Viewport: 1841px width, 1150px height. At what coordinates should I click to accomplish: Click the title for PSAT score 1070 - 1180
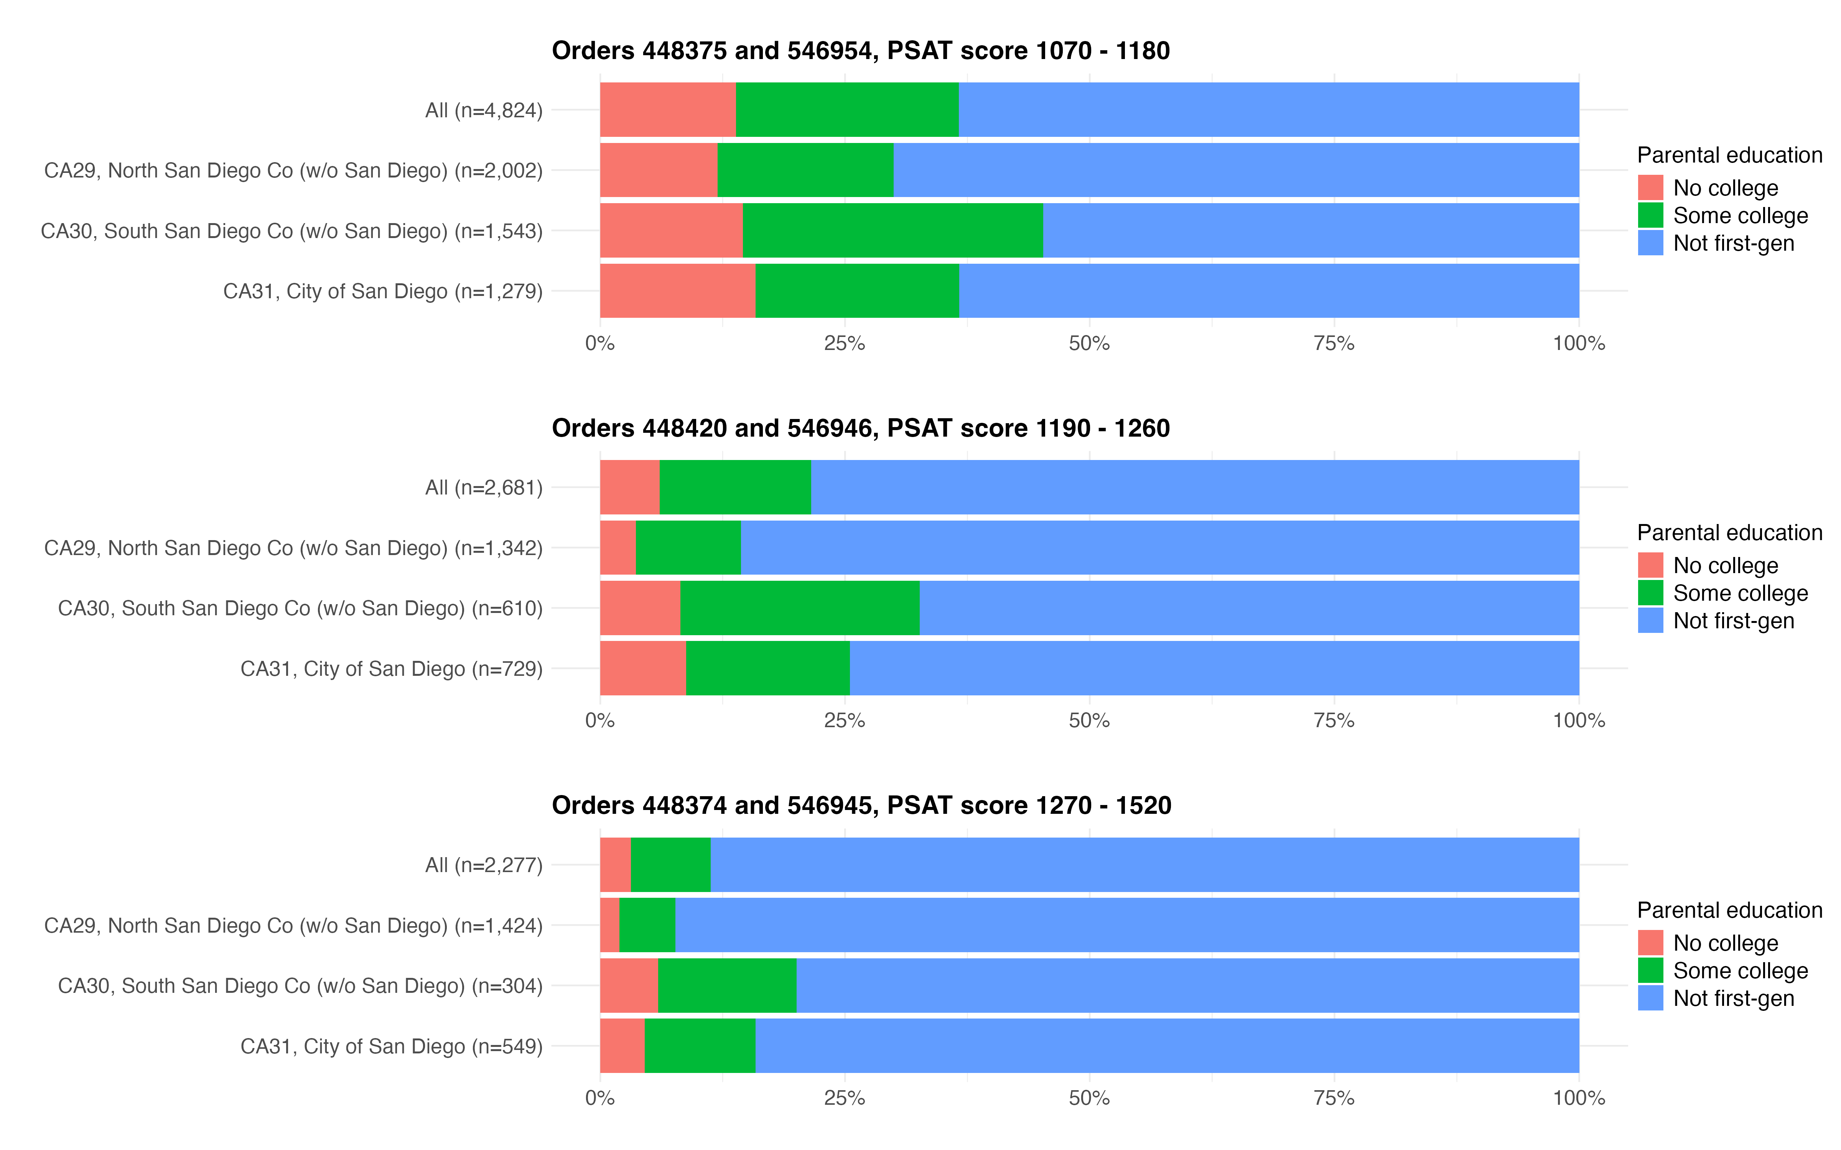[860, 51]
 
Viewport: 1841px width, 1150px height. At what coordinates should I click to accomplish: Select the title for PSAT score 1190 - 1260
[860, 428]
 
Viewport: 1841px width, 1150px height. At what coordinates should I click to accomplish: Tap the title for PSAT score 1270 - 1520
[861, 805]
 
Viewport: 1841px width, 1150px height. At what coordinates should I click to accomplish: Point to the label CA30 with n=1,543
[291, 231]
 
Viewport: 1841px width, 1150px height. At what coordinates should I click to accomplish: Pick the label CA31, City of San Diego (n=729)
[391, 669]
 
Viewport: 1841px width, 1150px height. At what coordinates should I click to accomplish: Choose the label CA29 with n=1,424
[293, 926]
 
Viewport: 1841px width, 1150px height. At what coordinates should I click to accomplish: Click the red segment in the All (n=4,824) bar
[668, 110]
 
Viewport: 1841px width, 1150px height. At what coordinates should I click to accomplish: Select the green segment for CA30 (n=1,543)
[893, 230]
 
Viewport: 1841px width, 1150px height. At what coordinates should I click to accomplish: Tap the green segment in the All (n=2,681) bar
[735, 487]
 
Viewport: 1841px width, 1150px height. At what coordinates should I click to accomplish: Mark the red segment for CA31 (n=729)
[643, 669]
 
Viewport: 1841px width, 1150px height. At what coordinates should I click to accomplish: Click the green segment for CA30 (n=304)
[727, 986]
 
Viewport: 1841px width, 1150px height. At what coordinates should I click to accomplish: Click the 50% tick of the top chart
[1089, 344]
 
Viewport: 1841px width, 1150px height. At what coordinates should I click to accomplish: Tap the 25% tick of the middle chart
[845, 721]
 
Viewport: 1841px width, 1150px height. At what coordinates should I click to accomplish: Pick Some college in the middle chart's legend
[1740, 593]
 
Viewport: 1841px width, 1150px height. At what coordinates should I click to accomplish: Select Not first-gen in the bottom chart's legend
[1733, 999]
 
